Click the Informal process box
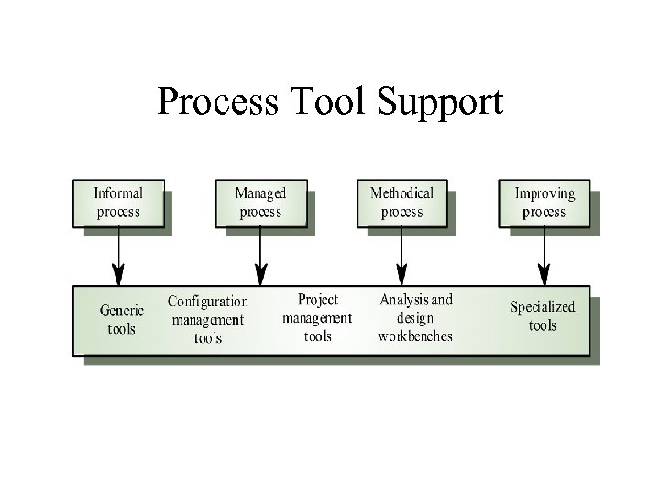pos(118,203)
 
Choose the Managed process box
pos(260,203)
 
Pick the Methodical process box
pos(401,203)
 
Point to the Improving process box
pos(544,203)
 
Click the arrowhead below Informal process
pos(118,274)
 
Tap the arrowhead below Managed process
pos(260,274)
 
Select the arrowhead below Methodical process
pos(401,274)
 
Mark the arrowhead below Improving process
pos(544,274)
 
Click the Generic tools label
pos(121,320)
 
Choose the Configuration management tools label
pos(208,319)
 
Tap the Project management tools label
pos(317,318)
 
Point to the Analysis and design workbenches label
pos(415,318)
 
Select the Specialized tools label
pos(542,316)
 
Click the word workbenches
pos(415,336)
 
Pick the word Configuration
pos(208,301)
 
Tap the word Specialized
pos(542,307)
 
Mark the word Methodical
pos(401,193)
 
